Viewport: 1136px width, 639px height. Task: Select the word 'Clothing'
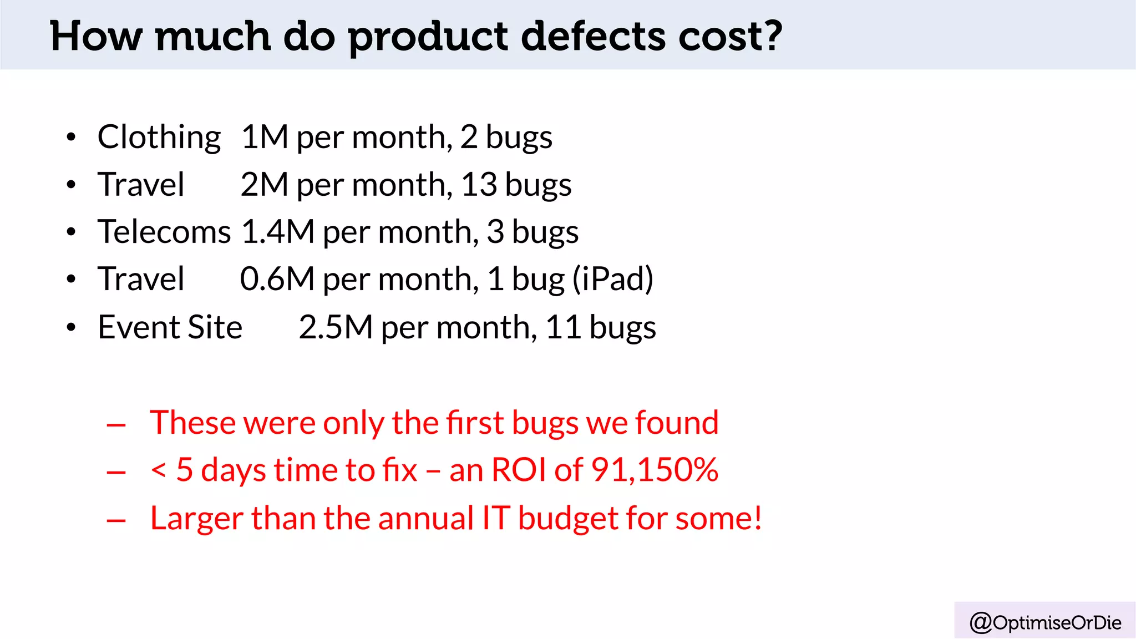click(x=159, y=138)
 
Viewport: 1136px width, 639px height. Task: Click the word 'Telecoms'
click(x=164, y=232)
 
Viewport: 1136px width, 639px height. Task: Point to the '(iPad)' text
click(x=613, y=279)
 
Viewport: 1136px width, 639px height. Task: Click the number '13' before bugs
click(x=479, y=185)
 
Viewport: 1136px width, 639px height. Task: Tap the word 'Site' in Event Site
click(x=215, y=327)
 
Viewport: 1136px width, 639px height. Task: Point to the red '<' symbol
click(x=159, y=470)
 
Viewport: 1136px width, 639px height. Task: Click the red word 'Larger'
click(x=196, y=519)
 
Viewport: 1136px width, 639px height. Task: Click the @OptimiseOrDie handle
click(x=1045, y=622)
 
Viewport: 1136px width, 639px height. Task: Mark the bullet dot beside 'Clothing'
click(x=70, y=137)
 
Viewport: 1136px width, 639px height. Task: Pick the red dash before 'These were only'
click(x=116, y=425)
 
